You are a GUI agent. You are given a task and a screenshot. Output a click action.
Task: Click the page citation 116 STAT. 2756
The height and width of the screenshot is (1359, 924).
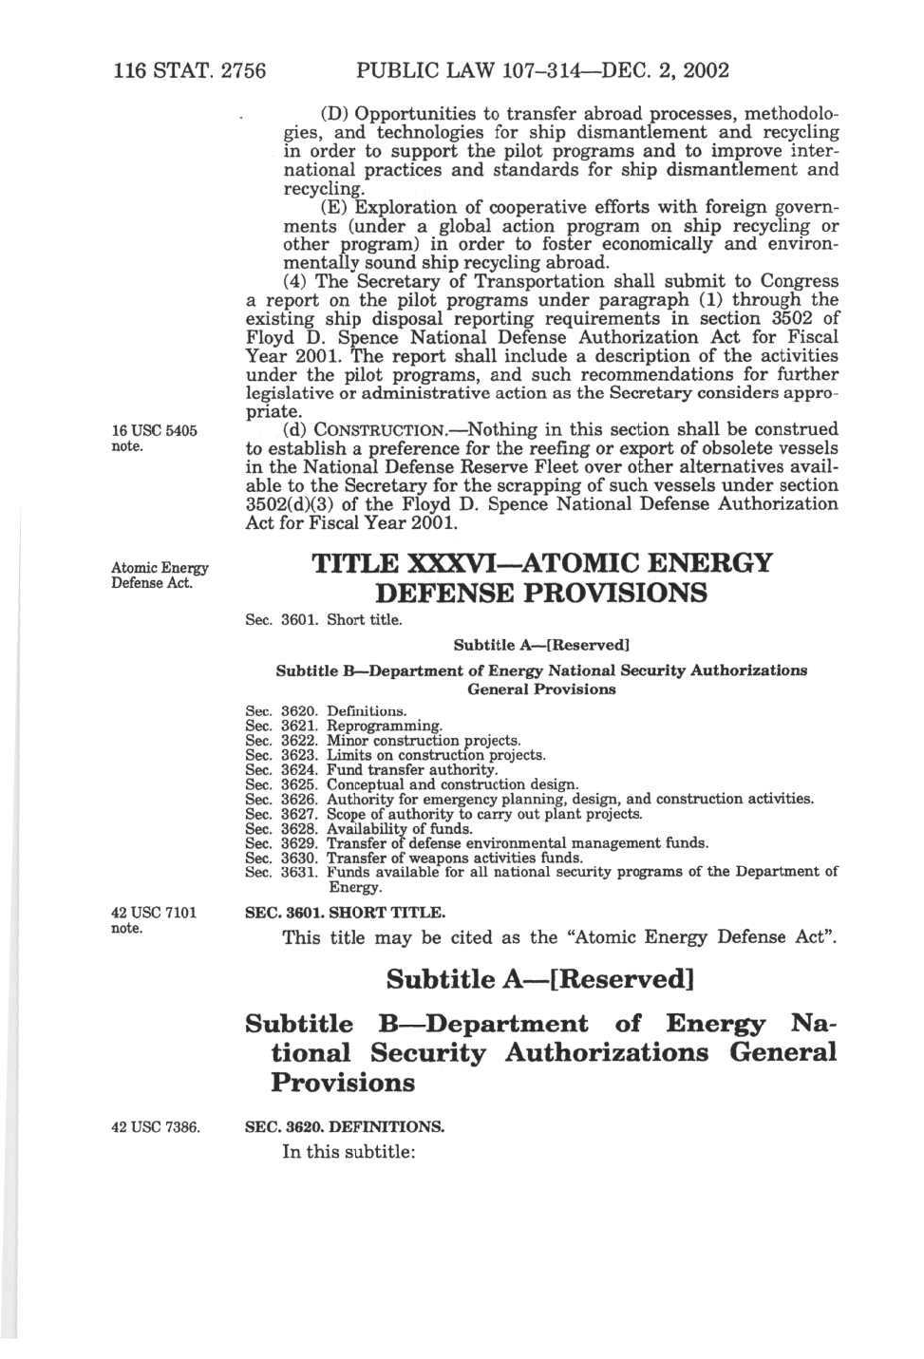(x=189, y=70)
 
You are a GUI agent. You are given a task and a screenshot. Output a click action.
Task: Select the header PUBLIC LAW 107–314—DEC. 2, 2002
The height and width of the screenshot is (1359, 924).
(x=542, y=70)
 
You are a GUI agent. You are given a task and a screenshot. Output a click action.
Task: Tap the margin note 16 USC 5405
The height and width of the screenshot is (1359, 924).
(x=154, y=431)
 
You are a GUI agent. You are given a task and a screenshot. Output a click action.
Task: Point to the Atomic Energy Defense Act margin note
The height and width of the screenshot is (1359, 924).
(x=159, y=576)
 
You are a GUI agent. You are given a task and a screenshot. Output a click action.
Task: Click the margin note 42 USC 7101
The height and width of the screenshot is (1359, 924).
(x=154, y=914)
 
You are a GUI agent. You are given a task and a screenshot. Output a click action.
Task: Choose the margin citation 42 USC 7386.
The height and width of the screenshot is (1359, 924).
(x=156, y=1127)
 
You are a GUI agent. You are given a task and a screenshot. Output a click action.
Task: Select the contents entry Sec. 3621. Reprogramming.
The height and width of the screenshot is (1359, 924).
(x=343, y=727)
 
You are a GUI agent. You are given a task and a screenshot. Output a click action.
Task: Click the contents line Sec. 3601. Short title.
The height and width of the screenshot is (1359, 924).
(x=323, y=620)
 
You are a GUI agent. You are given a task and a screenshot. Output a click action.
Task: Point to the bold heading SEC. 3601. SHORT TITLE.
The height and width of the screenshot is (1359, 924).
(x=345, y=913)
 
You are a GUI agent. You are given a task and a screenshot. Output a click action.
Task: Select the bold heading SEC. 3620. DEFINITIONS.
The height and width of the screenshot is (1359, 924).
(x=345, y=1127)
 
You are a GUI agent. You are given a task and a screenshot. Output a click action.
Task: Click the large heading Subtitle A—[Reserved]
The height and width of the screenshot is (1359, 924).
(x=539, y=979)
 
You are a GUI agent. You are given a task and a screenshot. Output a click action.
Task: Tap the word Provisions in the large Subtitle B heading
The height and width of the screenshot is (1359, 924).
(x=343, y=1083)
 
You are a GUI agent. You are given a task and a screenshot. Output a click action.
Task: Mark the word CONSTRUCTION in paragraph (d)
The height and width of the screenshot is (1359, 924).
(x=387, y=431)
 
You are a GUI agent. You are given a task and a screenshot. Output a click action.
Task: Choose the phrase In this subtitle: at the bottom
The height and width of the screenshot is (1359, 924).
(x=349, y=1152)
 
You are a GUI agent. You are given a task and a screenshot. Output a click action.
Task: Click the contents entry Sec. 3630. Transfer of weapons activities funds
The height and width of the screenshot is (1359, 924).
(x=413, y=858)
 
